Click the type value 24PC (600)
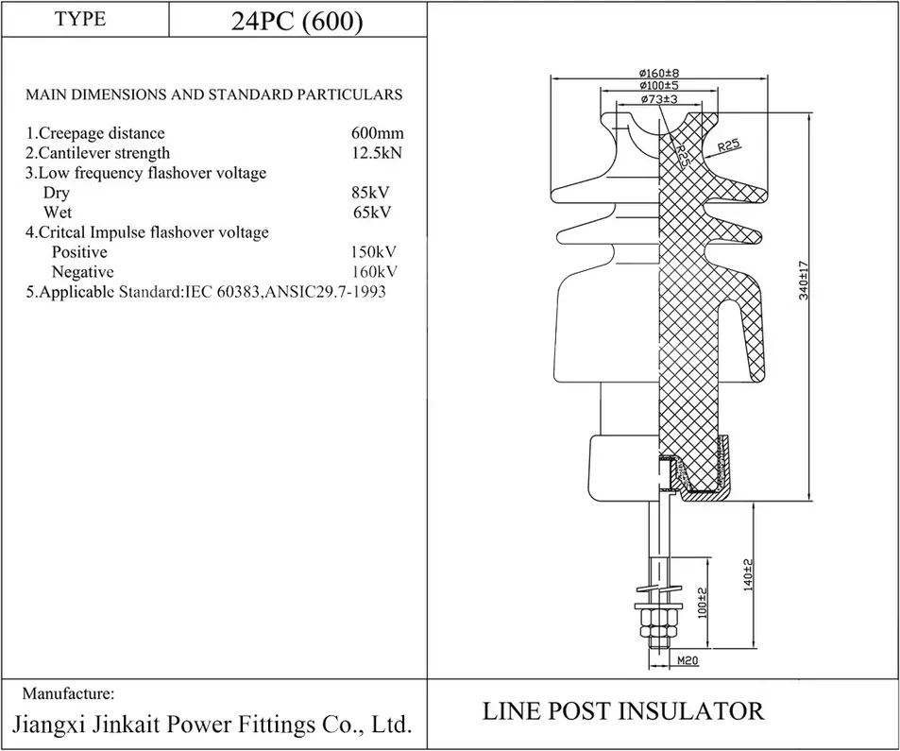(297, 21)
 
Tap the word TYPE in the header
(80, 18)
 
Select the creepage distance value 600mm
(377, 133)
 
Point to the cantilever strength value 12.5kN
(377, 153)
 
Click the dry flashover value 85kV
(370, 193)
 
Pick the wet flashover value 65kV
(372, 213)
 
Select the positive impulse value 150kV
(374, 252)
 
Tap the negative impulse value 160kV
(375, 271)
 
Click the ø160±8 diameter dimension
(659, 73)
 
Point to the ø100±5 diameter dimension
(659, 86)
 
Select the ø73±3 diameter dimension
(659, 99)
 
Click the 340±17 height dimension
(804, 281)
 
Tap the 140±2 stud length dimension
(747, 574)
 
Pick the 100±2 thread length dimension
(702, 603)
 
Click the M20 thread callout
(688, 661)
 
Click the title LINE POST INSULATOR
(623, 710)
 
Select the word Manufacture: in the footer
(68, 693)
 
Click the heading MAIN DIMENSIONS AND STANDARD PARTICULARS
(214, 94)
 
